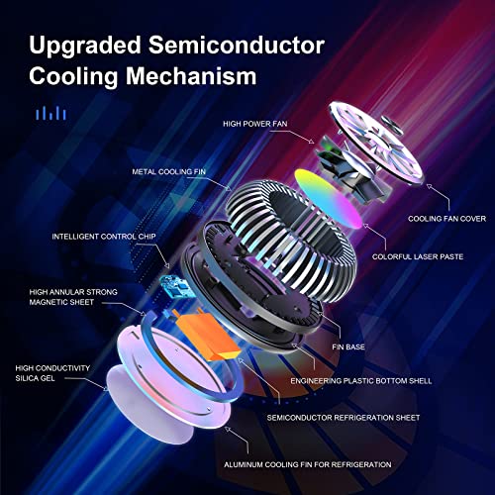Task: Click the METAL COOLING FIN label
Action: pyautogui.click(x=172, y=170)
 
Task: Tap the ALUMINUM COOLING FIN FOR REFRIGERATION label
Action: pyautogui.click(x=305, y=463)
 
